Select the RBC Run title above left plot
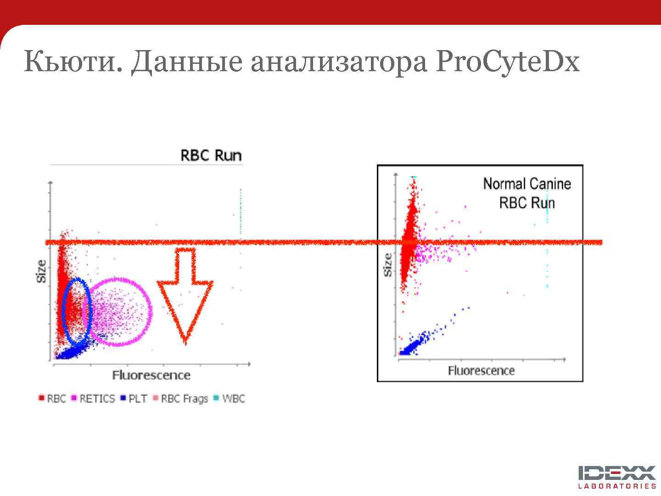tap(211, 155)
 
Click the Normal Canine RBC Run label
tap(527, 193)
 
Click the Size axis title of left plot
tap(41, 271)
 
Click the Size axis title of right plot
tap(388, 265)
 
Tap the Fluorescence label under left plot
tap(151, 375)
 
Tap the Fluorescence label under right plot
tap(481, 371)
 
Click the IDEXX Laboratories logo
tap(616, 477)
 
